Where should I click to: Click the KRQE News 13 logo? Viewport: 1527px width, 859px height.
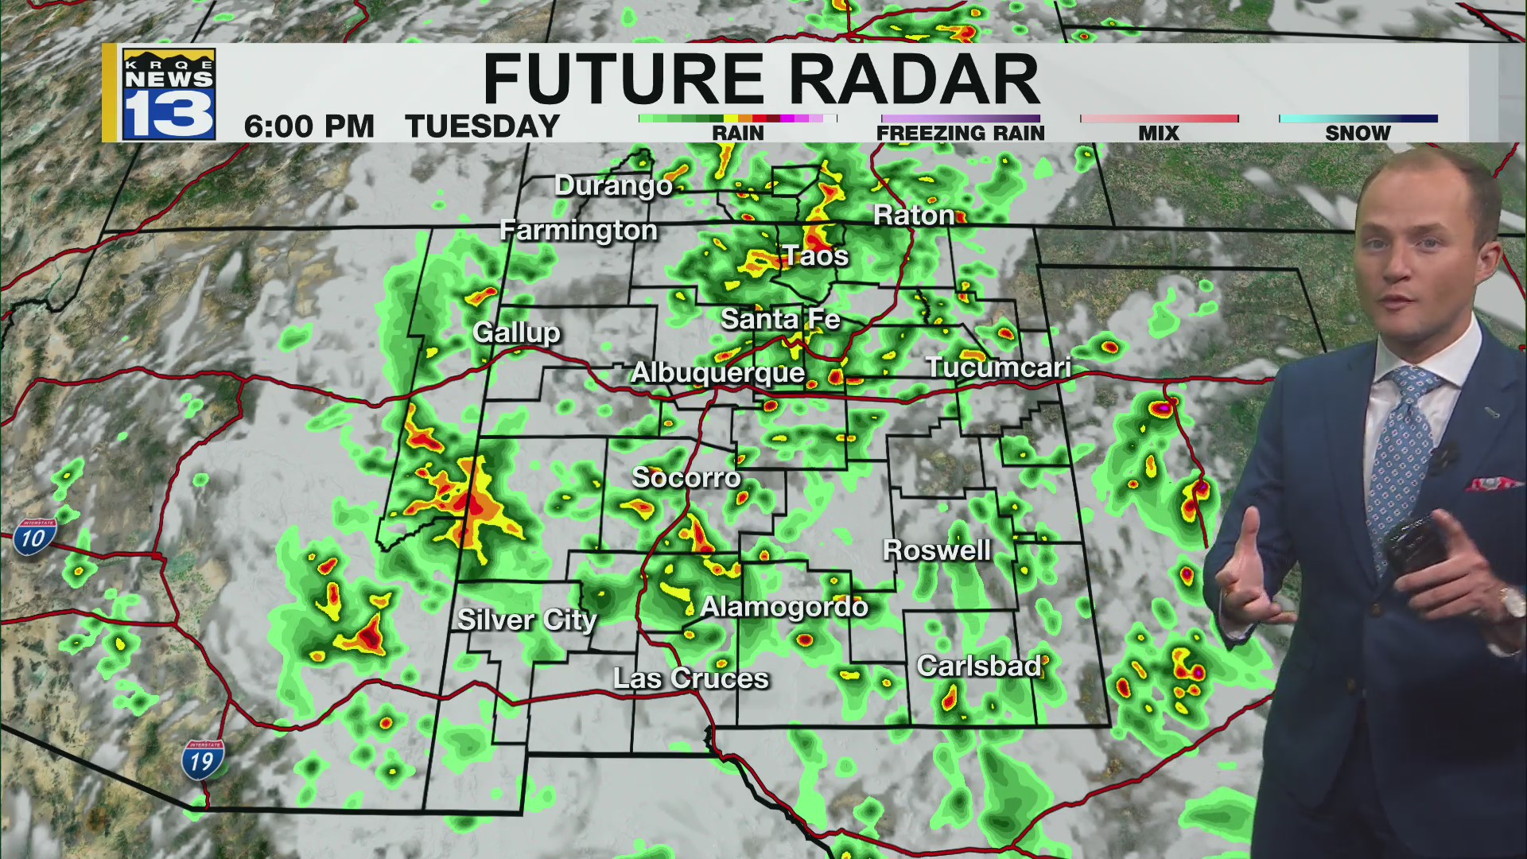169,94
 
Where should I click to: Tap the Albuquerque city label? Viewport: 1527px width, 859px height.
717,372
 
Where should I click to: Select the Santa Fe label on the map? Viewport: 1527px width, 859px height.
779,319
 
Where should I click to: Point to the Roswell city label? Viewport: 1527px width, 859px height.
937,550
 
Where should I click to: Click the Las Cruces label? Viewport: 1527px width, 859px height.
690,678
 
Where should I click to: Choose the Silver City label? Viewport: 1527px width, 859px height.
526,620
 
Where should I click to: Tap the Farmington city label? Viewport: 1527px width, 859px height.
578,230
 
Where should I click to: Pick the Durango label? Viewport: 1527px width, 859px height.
613,185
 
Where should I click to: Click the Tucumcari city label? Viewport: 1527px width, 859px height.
997,367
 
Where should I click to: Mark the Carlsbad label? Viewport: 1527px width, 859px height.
978,666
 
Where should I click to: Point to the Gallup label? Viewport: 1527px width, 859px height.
516,332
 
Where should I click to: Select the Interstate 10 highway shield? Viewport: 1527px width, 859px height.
33,538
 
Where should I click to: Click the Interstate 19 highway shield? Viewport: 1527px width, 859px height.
203,760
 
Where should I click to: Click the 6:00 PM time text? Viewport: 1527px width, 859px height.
309,126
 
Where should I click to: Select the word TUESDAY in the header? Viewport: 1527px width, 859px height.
483,126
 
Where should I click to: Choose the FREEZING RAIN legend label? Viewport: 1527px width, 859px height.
960,133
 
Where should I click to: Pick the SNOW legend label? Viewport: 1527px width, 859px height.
1357,133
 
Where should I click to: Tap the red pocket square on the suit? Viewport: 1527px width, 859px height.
1494,484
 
